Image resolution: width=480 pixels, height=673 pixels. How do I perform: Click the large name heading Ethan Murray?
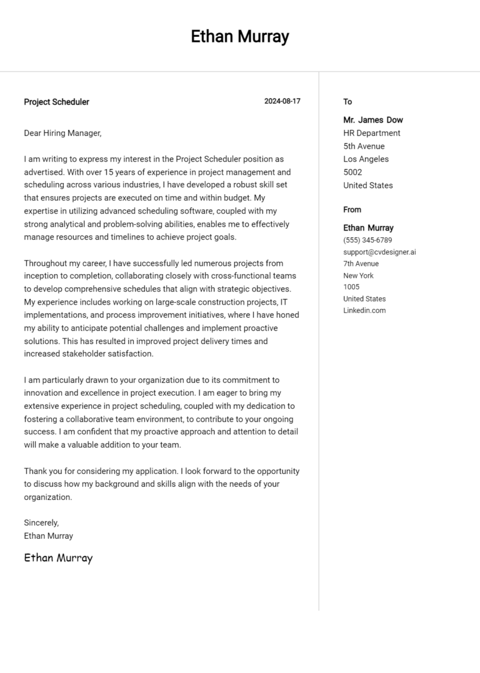pos(240,37)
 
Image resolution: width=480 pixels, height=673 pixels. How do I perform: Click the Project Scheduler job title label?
pos(56,102)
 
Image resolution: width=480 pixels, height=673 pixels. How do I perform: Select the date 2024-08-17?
pos(282,101)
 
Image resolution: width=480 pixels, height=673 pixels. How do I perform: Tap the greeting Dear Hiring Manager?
pos(62,133)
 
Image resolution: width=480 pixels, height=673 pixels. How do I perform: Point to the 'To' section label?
pos(347,102)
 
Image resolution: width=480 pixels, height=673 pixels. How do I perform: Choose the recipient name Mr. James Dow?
pos(373,120)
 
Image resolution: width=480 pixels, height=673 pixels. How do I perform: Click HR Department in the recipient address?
pos(372,133)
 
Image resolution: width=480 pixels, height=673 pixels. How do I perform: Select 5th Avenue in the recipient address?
pos(364,146)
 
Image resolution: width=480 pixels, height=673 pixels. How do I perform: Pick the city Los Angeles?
pos(366,159)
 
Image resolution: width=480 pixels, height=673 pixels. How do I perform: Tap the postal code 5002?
pos(352,172)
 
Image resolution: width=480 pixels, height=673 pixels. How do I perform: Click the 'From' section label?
pos(352,210)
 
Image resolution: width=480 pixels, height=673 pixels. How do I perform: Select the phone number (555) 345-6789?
pos(367,240)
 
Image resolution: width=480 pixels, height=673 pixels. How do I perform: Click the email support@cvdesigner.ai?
pos(379,252)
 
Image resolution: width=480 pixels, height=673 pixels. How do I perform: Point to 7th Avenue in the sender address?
pos(361,264)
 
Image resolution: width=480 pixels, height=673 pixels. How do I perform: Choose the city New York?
pos(358,275)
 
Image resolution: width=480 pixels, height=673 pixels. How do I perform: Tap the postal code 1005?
pos(351,287)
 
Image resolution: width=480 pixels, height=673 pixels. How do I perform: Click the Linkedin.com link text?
pos(364,310)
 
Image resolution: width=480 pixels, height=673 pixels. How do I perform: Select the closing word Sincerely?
pos(41,523)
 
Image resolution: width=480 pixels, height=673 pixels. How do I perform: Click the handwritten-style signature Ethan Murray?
pos(58,558)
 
